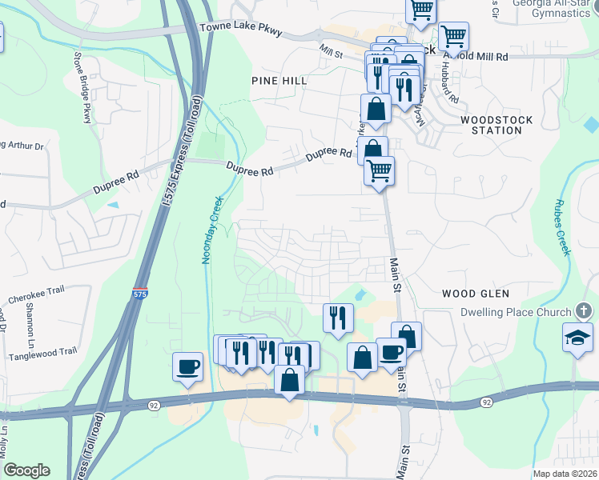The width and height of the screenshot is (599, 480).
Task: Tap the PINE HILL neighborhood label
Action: pos(279,81)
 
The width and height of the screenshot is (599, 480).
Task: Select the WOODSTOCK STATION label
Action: pos(491,124)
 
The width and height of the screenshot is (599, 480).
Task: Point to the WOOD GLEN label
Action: pos(475,294)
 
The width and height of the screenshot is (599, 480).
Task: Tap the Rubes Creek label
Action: pos(561,227)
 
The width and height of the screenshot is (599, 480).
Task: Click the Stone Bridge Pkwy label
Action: pos(82,88)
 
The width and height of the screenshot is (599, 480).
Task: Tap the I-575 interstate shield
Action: pos(140,294)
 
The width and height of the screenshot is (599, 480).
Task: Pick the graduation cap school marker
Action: pos(577,336)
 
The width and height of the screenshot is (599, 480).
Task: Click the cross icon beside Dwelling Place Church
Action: pos(585,311)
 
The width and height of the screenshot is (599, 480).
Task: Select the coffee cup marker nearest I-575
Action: pos(188,367)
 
